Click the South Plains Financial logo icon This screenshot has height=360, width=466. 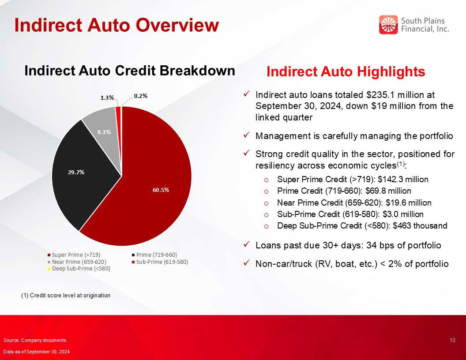(388, 25)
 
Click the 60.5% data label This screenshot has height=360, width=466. (161, 190)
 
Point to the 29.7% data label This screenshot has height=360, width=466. (76, 172)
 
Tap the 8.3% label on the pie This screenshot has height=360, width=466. (104, 132)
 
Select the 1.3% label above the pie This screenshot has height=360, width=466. (107, 97)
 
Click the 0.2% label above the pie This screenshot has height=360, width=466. (141, 96)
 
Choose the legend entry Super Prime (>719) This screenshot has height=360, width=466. (74, 255)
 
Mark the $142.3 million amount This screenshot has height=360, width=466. (403, 180)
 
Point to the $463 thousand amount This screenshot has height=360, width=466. (420, 226)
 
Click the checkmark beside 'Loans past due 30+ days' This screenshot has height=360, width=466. (246, 244)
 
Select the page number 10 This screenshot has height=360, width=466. (452, 341)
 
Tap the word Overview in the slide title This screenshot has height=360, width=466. (177, 25)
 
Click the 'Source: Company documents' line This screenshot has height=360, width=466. (35, 340)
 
